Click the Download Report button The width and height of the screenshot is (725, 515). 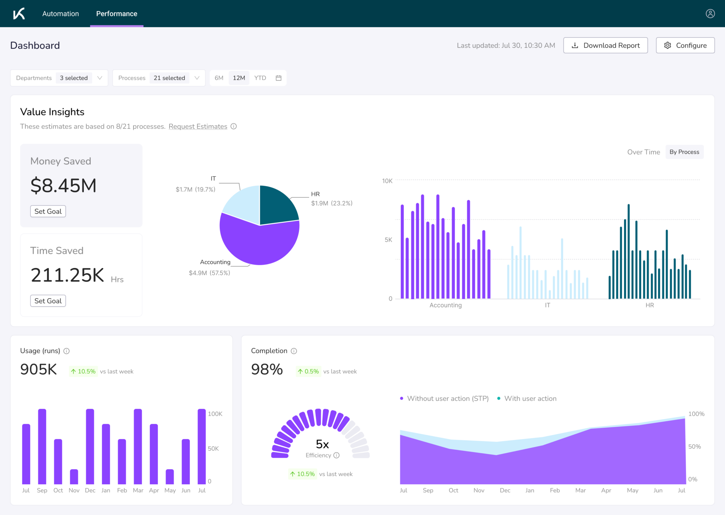[x=605, y=45]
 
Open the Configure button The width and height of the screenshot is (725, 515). [x=685, y=45]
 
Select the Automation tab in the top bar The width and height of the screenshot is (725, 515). [x=61, y=14]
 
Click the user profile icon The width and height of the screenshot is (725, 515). [x=710, y=14]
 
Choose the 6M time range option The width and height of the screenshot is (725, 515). [x=219, y=78]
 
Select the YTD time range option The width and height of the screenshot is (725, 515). [x=260, y=78]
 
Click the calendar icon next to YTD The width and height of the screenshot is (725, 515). [x=279, y=78]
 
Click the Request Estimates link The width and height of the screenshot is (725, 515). [x=198, y=126]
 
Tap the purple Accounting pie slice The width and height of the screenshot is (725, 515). [x=258, y=244]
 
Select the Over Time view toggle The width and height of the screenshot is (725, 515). [x=643, y=152]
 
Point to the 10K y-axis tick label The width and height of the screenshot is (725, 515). [x=387, y=181]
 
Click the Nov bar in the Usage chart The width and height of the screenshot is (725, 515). [x=74, y=476]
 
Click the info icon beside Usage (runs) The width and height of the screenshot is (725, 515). [x=67, y=351]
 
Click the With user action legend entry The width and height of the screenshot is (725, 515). [x=530, y=399]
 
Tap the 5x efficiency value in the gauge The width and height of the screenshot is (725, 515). [x=322, y=444]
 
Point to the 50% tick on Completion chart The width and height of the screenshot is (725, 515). [x=694, y=447]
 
